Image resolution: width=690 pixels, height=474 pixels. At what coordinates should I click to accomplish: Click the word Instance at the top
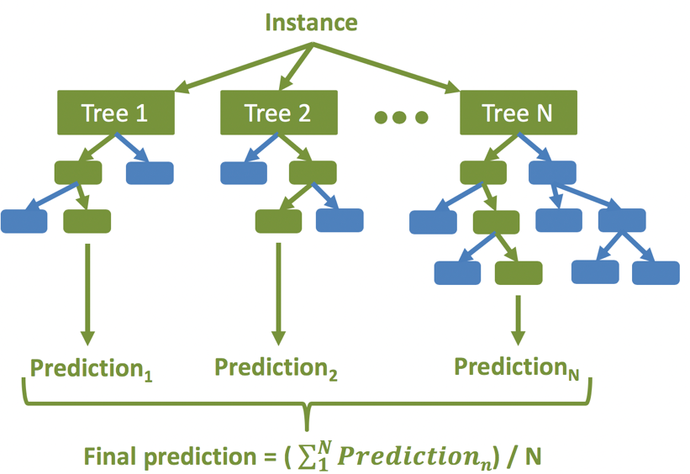tap(311, 22)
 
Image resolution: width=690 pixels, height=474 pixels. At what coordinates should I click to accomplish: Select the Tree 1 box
tap(114, 113)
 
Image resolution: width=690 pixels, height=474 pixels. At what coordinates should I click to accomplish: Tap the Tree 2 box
tap(277, 113)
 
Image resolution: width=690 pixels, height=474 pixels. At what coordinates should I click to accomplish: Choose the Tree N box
tap(518, 113)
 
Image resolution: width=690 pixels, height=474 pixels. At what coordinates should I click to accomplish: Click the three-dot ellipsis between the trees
tap(400, 117)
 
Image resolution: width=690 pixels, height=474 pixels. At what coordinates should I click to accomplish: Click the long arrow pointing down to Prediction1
tap(87, 290)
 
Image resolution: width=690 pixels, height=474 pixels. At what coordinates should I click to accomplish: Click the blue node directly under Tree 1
tap(150, 172)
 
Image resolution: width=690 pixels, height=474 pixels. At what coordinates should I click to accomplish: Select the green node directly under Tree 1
tap(78, 172)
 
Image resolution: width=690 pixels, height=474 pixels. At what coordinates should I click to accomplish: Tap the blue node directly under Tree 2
tap(244, 172)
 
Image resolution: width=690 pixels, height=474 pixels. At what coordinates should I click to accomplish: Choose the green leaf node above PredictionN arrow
tap(518, 273)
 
